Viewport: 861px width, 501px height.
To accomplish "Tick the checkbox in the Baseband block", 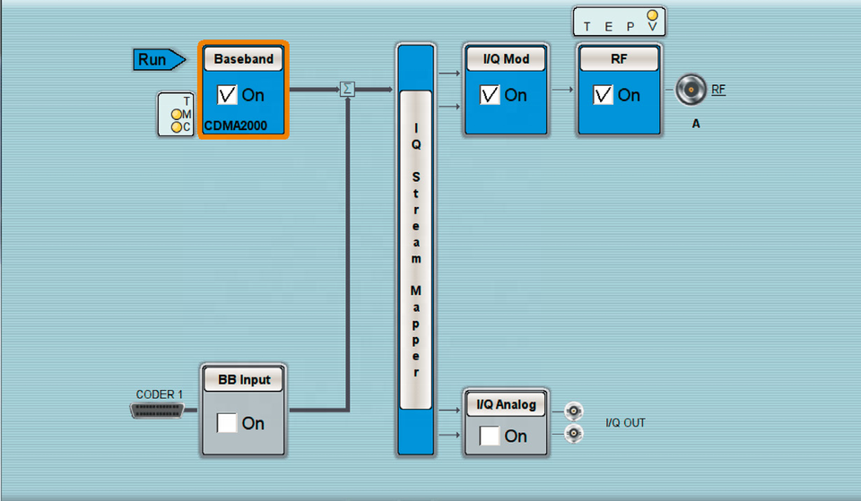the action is (x=227, y=95).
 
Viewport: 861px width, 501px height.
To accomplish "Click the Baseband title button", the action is (x=243, y=59).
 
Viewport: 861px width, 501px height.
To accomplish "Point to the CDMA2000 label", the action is (x=236, y=125).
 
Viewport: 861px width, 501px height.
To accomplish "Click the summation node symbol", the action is (x=347, y=89).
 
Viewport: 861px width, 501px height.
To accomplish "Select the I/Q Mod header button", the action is (x=506, y=59).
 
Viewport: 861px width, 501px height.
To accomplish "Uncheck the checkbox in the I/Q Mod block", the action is (x=490, y=95).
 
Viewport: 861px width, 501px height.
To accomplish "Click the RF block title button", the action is (x=619, y=59).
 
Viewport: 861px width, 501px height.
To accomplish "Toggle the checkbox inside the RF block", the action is (x=603, y=95).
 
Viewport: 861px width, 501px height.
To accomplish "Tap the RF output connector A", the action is (x=691, y=90).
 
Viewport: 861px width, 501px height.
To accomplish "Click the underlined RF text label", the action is (x=718, y=90).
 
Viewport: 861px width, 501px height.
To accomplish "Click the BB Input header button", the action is (x=243, y=380).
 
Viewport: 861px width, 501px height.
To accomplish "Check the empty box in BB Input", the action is (x=227, y=423).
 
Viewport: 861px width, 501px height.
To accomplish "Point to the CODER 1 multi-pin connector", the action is (x=157, y=410).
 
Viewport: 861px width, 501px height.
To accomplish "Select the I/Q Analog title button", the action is (x=506, y=404).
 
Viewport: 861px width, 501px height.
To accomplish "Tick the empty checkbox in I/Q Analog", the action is (x=490, y=436).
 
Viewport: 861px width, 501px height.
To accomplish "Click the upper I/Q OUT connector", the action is (x=574, y=410).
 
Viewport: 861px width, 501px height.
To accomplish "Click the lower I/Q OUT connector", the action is (x=574, y=434).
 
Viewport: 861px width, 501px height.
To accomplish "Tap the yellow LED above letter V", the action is (x=652, y=15).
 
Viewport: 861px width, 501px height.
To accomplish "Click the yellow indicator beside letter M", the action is (x=177, y=114).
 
